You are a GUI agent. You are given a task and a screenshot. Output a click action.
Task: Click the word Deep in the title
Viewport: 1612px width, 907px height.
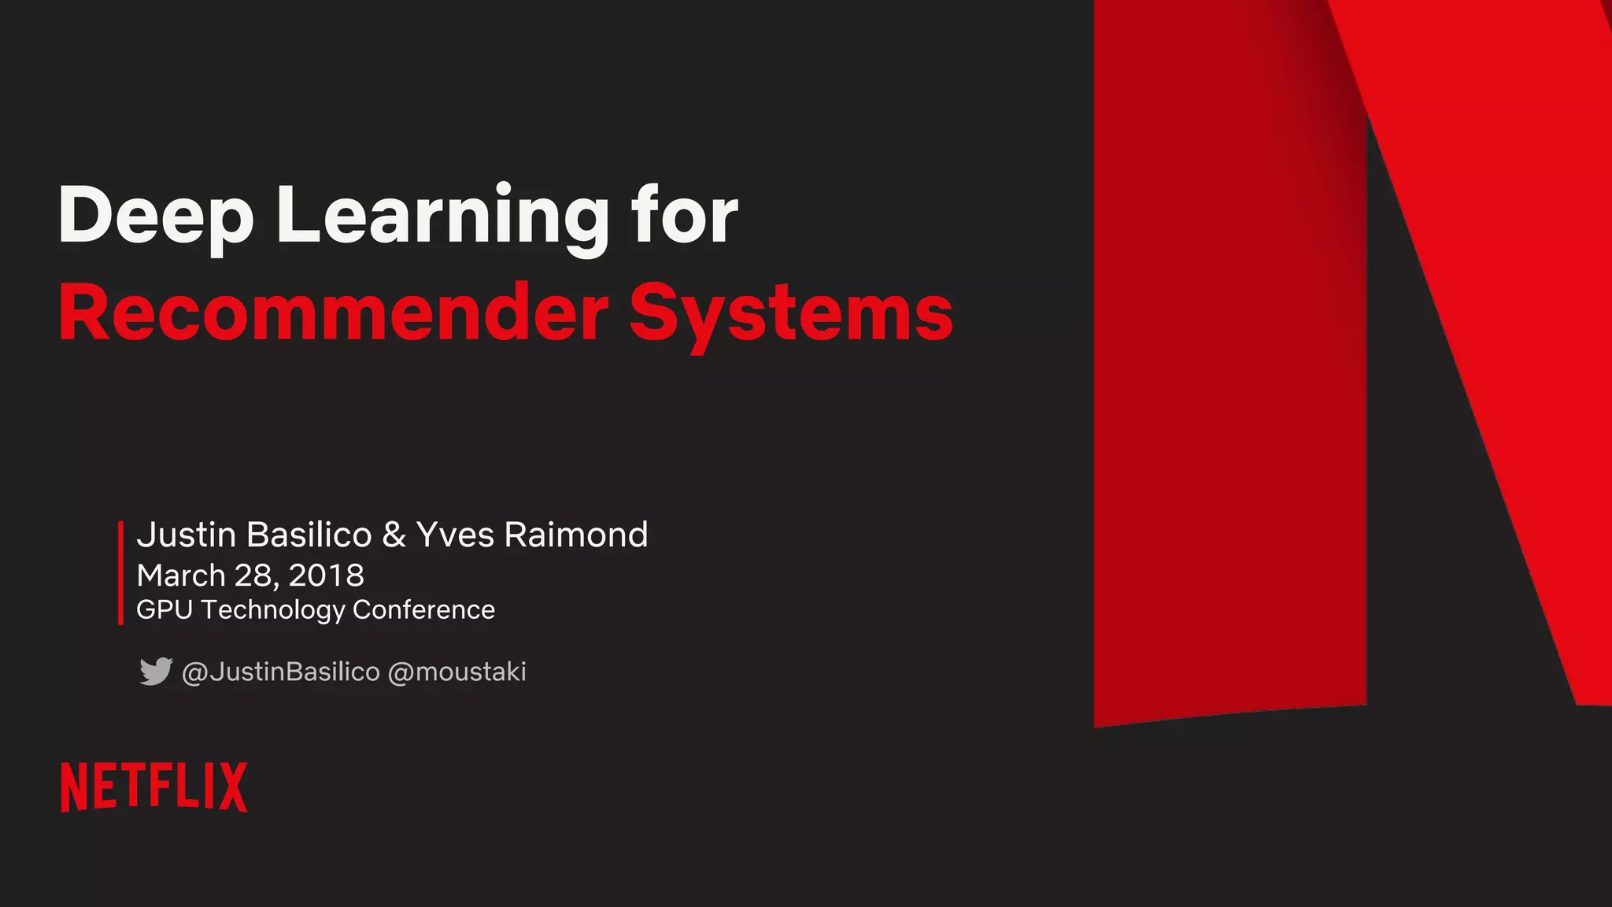click(x=156, y=216)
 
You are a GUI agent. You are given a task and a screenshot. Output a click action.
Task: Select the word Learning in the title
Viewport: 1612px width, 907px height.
click(x=442, y=216)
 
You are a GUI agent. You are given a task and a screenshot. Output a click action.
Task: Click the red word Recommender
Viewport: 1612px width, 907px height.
click(x=334, y=313)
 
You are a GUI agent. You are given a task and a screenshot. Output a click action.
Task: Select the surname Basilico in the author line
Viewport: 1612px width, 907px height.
click(x=309, y=535)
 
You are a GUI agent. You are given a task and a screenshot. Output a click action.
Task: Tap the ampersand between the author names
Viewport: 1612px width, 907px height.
click(x=394, y=535)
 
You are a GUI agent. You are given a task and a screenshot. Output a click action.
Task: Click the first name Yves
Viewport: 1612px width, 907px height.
click(x=455, y=535)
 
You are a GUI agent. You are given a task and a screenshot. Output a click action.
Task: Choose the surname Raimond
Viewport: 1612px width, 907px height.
click(x=576, y=535)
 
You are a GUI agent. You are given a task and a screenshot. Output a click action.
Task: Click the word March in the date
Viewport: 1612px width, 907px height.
click(x=181, y=576)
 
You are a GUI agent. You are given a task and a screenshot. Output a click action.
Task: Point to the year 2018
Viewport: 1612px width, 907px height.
click(x=326, y=576)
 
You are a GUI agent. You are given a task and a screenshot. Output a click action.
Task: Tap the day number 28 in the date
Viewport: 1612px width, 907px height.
click(x=253, y=576)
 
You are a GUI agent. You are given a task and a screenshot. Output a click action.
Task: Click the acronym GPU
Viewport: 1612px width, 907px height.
click(x=164, y=609)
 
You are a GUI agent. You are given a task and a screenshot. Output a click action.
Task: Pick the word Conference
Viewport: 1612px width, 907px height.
click(x=423, y=609)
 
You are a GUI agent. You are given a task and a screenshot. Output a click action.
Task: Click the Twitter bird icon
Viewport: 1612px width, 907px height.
click(x=156, y=671)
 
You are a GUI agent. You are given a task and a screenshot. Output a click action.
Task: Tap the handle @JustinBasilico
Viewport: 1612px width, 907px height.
click(x=280, y=672)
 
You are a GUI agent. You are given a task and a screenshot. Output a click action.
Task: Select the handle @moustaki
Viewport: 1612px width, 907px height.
click(x=457, y=672)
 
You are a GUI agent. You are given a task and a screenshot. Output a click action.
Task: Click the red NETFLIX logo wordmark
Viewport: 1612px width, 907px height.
click(x=154, y=787)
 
